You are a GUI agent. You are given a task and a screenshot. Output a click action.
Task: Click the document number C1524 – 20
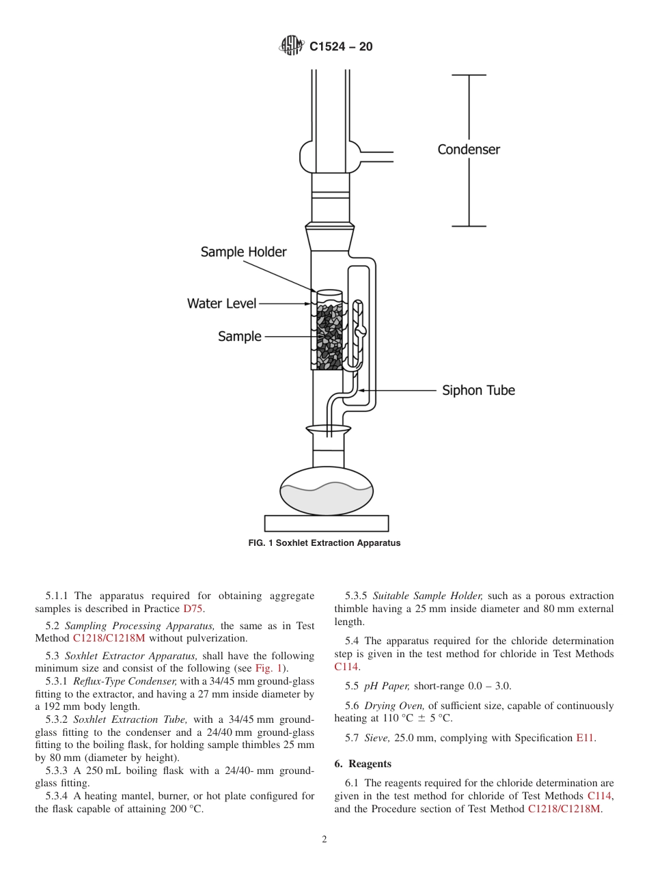(x=341, y=46)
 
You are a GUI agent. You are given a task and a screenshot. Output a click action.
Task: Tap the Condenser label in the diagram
(x=469, y=150)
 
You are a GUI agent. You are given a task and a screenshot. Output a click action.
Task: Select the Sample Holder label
(x=243, y=252)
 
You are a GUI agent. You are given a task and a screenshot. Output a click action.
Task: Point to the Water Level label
(x=221, y=303)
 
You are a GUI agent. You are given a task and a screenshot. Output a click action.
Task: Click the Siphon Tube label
(x=478, y=391)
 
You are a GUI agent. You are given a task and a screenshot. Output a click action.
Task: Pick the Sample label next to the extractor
(x=239, y=336)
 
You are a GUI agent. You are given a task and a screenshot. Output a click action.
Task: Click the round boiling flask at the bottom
(x=327, y=491)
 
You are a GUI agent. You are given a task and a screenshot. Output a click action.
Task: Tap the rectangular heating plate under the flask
(x=327, y=523)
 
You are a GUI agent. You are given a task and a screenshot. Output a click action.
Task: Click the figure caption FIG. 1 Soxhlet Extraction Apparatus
(x=324, y=543)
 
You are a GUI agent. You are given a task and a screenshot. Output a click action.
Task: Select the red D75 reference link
(x=193, y=609)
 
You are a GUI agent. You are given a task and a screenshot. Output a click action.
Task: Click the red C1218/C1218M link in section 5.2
(x=109, y=639)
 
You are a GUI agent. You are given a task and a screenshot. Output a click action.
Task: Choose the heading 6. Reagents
(x=363, y=764)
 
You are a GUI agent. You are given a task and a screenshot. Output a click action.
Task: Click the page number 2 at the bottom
(x=324, y=840)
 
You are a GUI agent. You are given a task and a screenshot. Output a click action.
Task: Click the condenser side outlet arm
(x=376, y=156)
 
